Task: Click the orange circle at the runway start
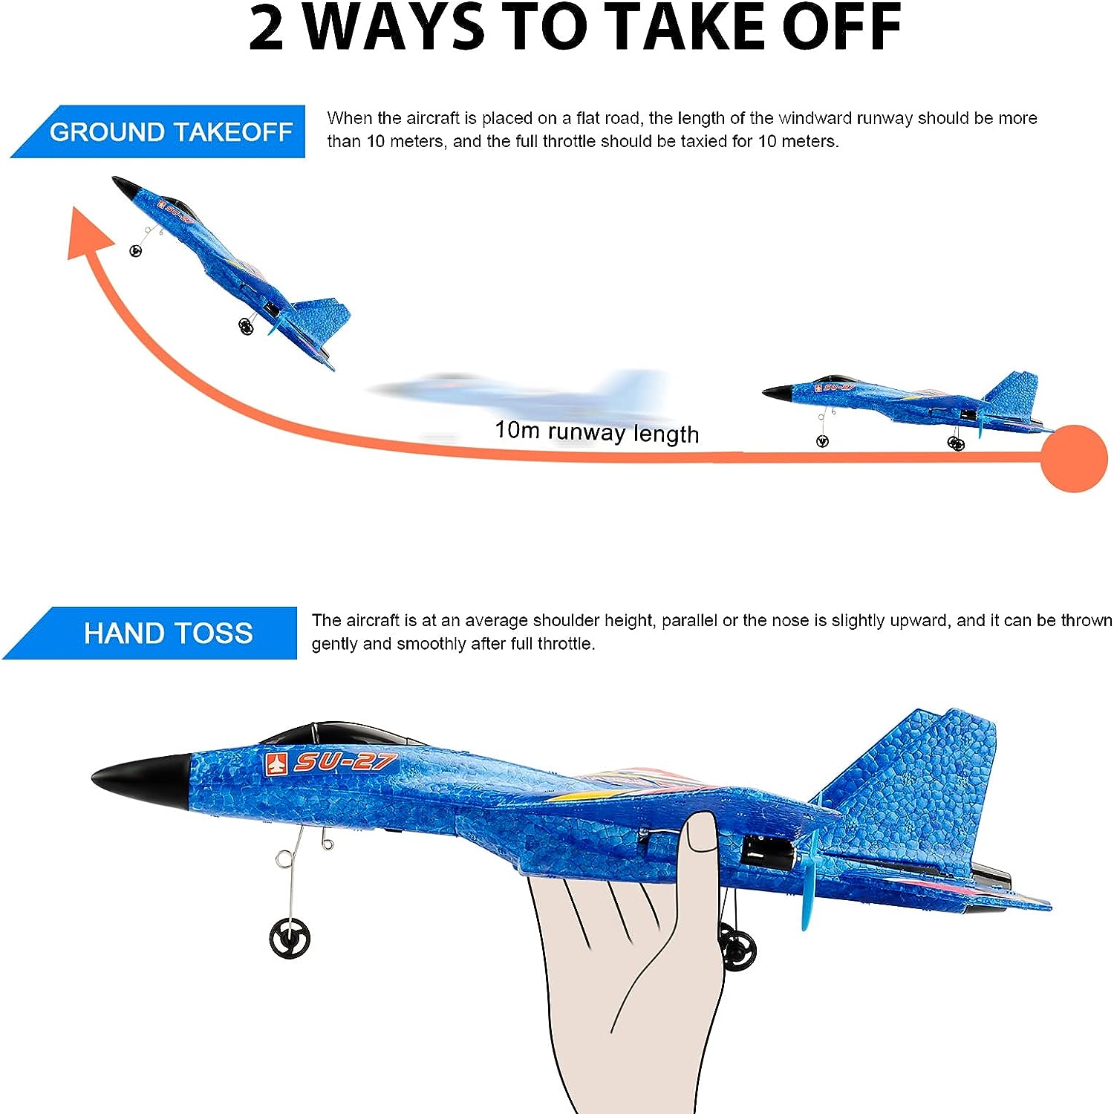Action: (x=1074, y=458)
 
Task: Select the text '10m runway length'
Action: (x=597, y=431)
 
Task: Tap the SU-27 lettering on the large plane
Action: (x=346, y=762)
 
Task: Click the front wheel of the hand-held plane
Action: (x=290, y=938)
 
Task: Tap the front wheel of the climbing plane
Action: (x=135, y=250)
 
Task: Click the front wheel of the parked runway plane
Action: (x=822, y=441)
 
